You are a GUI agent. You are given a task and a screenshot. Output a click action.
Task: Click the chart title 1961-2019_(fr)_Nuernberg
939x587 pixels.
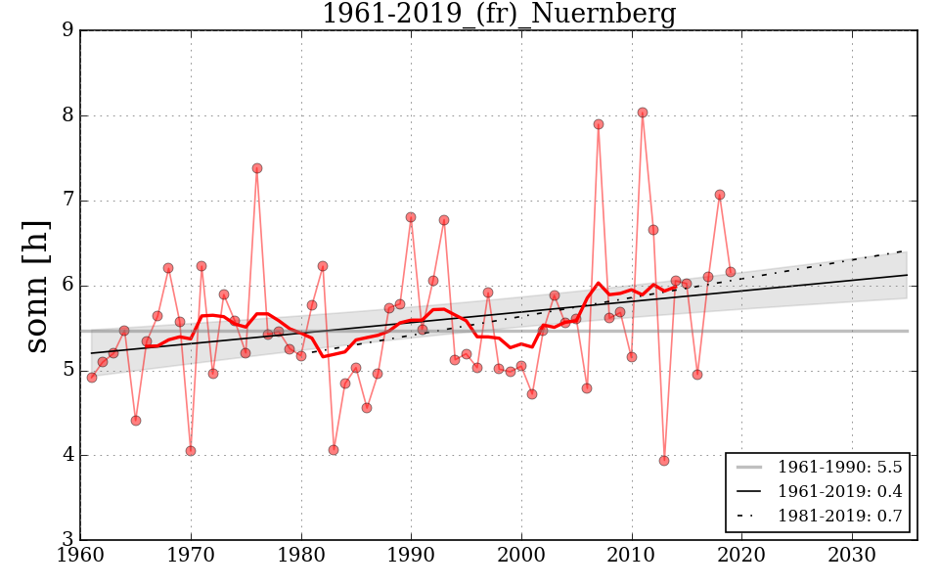click(x=498, y=15)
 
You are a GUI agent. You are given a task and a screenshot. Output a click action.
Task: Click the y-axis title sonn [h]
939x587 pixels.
click(x=36, y=286)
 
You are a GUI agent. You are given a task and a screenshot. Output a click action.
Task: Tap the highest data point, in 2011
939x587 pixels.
click(x=643, y=113)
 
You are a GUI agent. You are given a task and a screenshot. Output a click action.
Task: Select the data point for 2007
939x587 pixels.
click(x=599, y=124)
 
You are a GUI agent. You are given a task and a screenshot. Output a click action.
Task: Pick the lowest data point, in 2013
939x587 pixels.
click(x=664, y=460)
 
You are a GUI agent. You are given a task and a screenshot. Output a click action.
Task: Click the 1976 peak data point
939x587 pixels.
click(x=257, y=168)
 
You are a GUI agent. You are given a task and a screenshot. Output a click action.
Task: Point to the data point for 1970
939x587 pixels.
click(x=191, y=451)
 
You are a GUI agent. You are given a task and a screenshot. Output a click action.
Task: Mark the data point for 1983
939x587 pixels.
click(x=334, y=450)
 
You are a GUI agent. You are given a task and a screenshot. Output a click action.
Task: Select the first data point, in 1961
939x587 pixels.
click(x=92, y=377)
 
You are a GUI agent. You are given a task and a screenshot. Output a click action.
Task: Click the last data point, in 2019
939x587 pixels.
click(x=731, y=272)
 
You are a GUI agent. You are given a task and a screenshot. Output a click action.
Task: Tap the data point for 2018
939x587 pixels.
click(x=720, y=195)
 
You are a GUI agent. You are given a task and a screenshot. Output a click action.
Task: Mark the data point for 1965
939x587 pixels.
click(x=136, y=421)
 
